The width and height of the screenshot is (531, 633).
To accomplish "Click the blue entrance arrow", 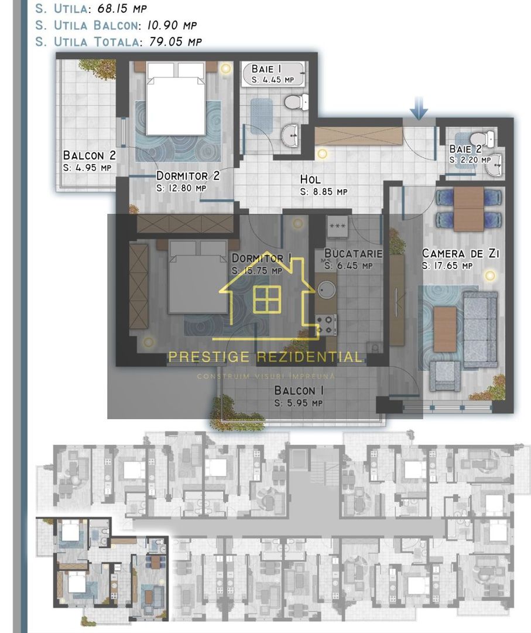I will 419,109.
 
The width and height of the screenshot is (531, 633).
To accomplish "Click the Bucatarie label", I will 353,254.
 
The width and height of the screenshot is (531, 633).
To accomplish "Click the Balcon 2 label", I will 90,156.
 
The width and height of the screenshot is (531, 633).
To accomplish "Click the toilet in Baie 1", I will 296,103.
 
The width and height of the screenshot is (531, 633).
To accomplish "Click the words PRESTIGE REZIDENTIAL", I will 265,357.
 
